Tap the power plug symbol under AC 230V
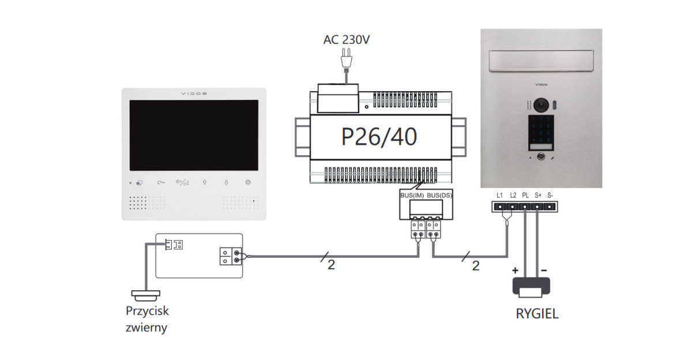pos(346,57)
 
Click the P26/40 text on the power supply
pos(379,137)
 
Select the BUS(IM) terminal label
pos(412,196)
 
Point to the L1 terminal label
pos(499,195)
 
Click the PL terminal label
pos(525,195)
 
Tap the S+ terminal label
pos(538,195)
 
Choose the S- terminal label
pos(551,195)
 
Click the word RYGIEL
pos(537,315)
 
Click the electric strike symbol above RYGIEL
pos(531,287)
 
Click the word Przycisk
pos(147,311)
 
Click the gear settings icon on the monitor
pos(248,182)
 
